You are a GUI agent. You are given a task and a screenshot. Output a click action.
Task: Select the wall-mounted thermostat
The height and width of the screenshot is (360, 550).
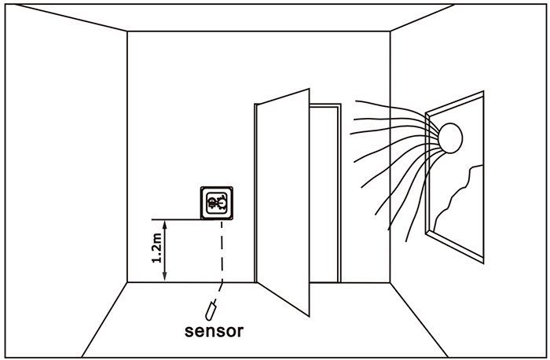[x=217, y=204]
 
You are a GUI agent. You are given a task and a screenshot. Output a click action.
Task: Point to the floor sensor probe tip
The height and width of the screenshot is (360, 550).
[x=211, y=308]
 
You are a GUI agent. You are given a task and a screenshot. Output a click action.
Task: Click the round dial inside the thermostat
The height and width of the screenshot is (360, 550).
[x=217, y=204]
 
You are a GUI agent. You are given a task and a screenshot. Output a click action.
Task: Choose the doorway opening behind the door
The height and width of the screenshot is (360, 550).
[x=324, y=197]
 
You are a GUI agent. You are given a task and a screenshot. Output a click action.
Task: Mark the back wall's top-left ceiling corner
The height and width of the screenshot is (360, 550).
[x=127, y=32]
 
